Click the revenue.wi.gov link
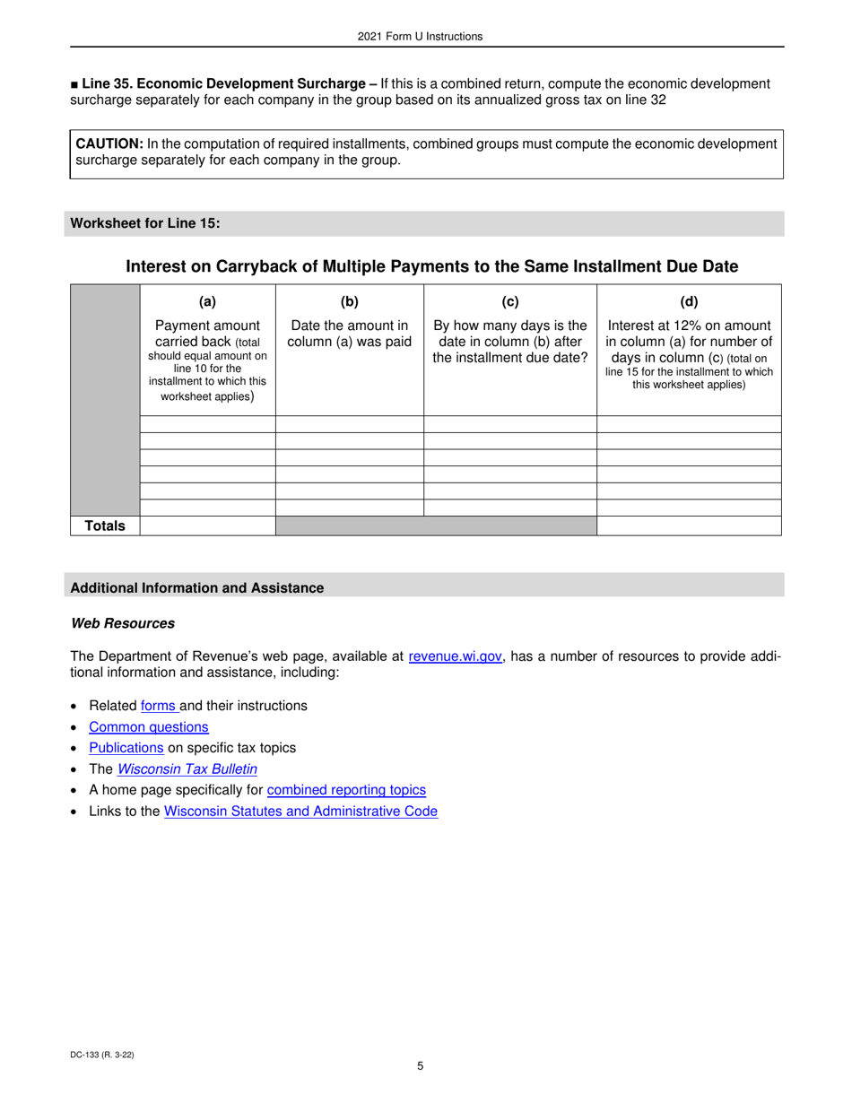pyautogui.click(x=455, y=656)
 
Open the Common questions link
pyautogui.click(x=149, y=727)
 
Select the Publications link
pyautogui.click(x=126, y=748)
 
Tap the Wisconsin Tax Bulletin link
pyautogui.click(x=187, y=769)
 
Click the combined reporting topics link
pyautogui.click(x=346, y=790)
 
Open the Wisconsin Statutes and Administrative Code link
pyautogui.click(x=300, y=812)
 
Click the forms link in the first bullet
pyautogui.click(x=158, y=706)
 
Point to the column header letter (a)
pyautogui.click(x=207, y=302)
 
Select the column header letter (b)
pyautogui.click(x=349, y=302)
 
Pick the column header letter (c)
pyautogui.click(x=510, y=302)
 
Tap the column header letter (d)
pyautogui.click(x=689, y=302)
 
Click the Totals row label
pyautogui.click(x=105, y=526)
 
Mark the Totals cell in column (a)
pyautogui.click(x=207, y=526)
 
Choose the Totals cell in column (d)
pyautogui.click(x=689, y=526)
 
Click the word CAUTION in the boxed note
pyautogui.click(x=109, y=143)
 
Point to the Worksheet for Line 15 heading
pyautogui.click(x=145, y=223)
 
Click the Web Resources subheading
pyautogui.click(x=123, y=623)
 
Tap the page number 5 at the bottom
pyautogui.click(x=420, y=1066)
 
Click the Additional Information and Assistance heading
pyautogui.click(x=196, y=588)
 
